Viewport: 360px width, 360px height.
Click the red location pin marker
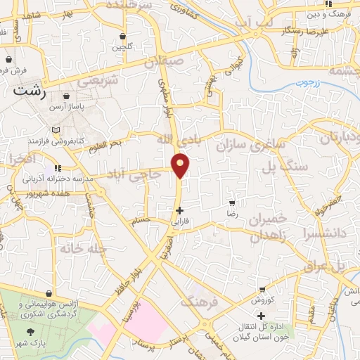click(181, 165)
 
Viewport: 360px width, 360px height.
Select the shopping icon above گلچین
click(124, 37)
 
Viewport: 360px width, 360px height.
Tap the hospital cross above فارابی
click(180, 210)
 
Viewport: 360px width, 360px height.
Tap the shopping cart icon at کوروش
click(262, 289)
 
